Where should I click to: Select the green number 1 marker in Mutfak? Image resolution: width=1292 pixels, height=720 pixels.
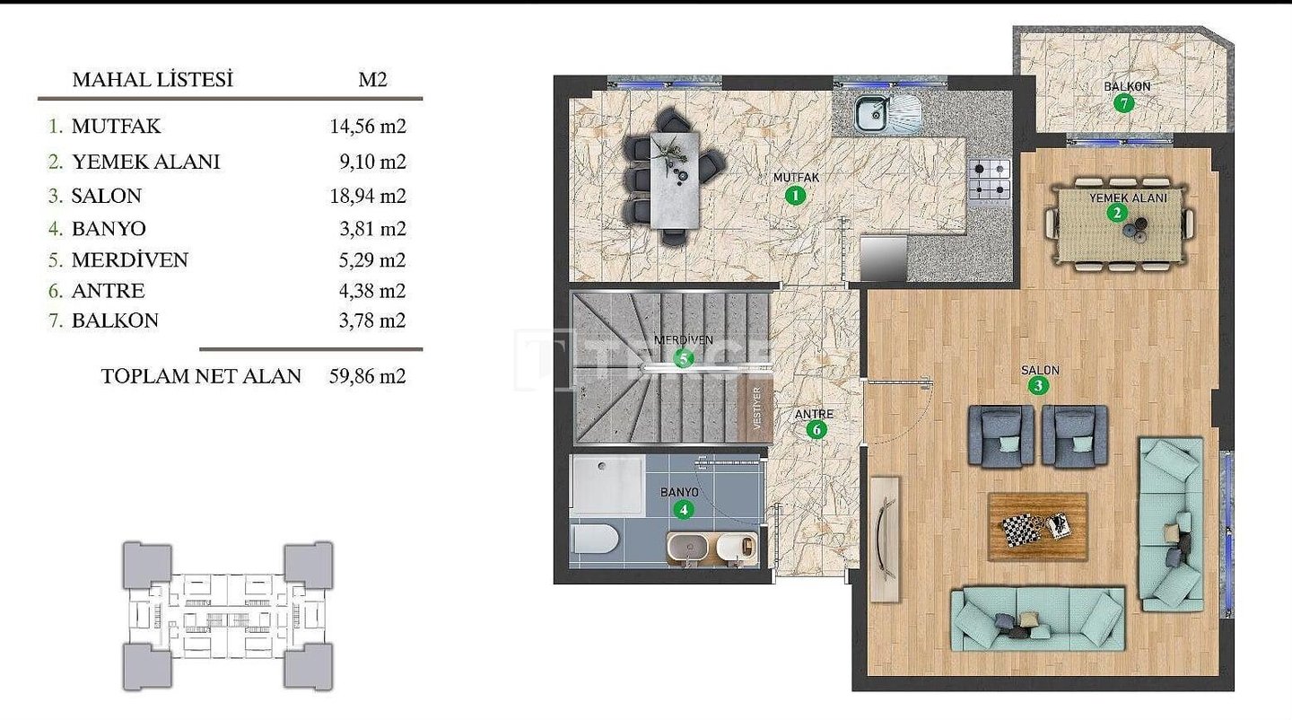795,196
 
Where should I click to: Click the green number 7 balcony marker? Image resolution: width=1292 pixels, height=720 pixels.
1123,104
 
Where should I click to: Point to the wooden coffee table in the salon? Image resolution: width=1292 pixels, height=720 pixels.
1037,526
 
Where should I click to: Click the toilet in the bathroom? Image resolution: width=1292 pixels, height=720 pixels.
595,539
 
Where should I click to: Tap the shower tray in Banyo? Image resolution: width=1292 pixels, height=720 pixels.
607,484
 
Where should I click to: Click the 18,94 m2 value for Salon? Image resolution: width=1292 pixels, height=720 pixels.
368,196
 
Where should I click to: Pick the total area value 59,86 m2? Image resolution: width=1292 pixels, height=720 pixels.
368,376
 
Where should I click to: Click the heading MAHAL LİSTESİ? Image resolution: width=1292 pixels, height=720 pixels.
153,80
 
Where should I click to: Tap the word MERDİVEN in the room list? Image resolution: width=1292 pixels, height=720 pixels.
130,260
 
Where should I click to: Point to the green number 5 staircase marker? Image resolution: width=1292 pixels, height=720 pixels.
684,359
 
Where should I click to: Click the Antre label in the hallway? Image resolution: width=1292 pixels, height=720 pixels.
814,414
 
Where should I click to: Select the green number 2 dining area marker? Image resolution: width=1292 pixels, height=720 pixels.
1117,214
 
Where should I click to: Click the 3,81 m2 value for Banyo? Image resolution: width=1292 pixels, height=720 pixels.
372,229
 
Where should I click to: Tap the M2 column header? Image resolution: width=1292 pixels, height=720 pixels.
372,80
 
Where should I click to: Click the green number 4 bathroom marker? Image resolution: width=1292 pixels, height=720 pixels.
684,509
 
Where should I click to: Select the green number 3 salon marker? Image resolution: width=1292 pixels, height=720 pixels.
1039,385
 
